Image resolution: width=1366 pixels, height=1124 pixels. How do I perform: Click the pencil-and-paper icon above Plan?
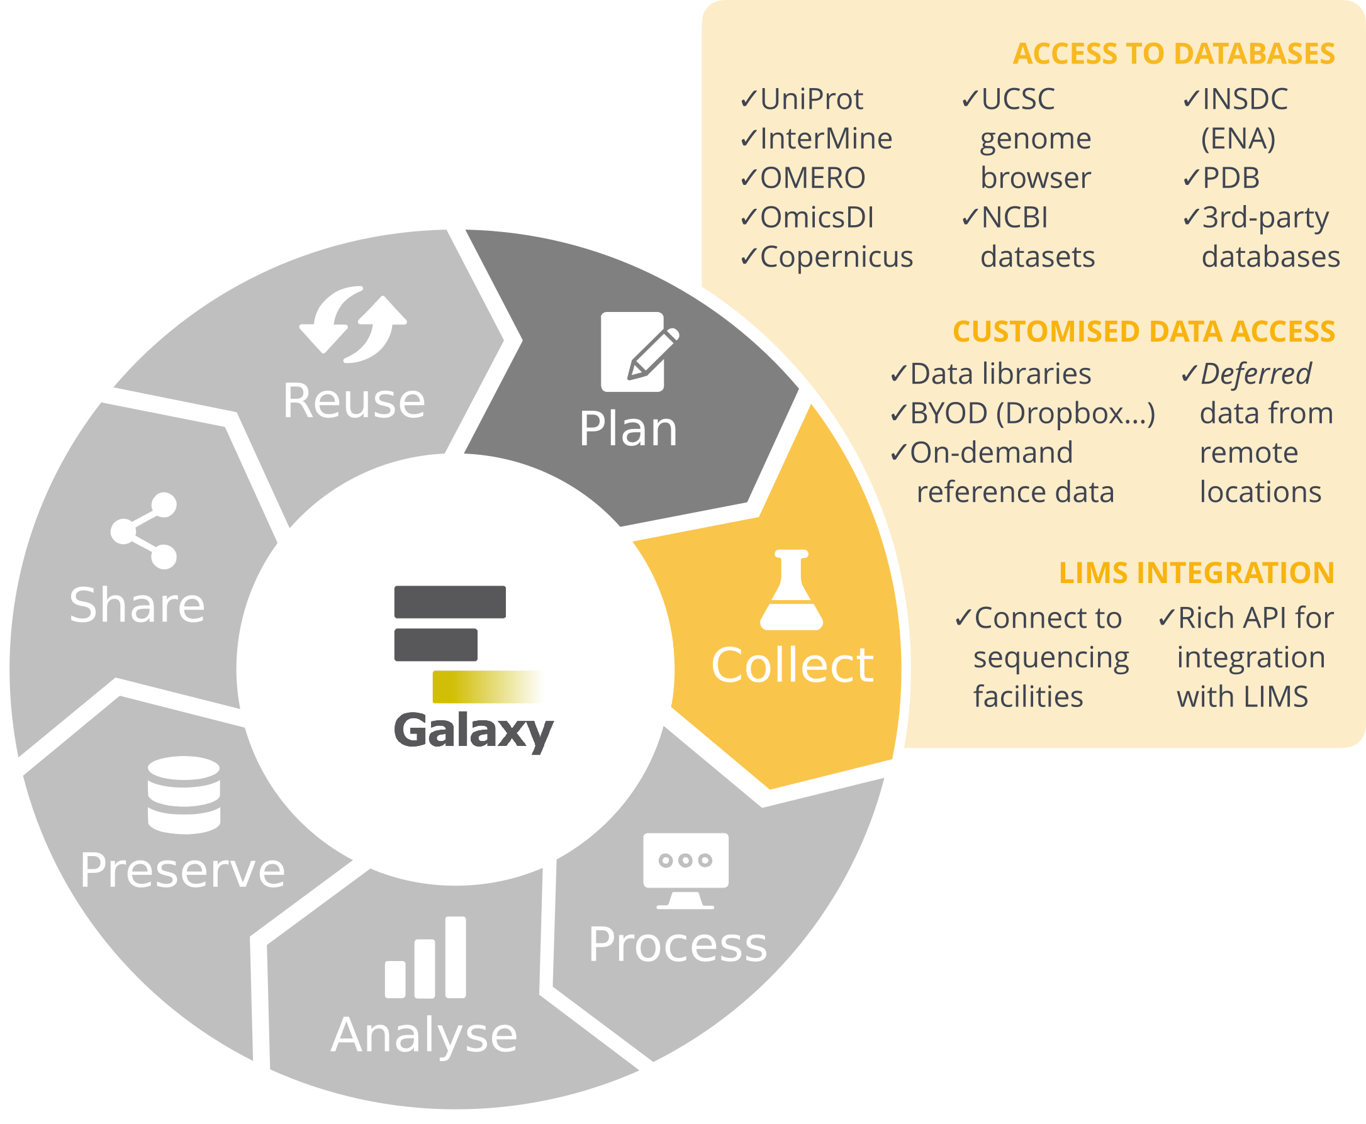pos(638,352)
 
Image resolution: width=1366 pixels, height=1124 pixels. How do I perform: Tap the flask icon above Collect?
pos(791,590)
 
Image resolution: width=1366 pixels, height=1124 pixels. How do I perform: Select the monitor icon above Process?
pos(685,870)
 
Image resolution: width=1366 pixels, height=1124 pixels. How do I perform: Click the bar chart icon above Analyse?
pos(425,957)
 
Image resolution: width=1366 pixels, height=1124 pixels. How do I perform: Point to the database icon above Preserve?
pos(184,794)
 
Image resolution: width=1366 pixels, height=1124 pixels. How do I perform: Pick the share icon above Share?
pos(145,531)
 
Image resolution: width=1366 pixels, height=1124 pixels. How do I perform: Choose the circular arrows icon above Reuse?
pos(354,324)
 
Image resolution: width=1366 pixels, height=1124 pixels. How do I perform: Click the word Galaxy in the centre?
pos(473,730)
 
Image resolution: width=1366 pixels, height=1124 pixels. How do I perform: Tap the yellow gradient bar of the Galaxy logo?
pos(486,686)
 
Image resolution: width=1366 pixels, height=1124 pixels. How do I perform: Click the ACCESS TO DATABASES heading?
pos(1173,53)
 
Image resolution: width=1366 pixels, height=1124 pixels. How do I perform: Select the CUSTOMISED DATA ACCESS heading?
pos(1143,331)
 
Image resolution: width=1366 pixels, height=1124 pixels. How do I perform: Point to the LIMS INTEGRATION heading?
pos(1195,573)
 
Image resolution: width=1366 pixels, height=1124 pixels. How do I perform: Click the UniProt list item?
pos(810,99)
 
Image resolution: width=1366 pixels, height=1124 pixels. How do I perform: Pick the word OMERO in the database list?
pos(812,178)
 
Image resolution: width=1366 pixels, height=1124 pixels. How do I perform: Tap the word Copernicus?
pos(836,257)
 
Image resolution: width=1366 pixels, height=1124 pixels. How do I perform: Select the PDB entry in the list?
pos(1230,178)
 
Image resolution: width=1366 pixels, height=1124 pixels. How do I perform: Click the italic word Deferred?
pos(1255,374)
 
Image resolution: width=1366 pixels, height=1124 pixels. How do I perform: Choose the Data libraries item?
pos(1000,374)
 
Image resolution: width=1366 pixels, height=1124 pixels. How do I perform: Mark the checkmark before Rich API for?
pos(1167,618)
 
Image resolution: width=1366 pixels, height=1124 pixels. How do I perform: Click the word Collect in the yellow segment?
pos(792,665)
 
